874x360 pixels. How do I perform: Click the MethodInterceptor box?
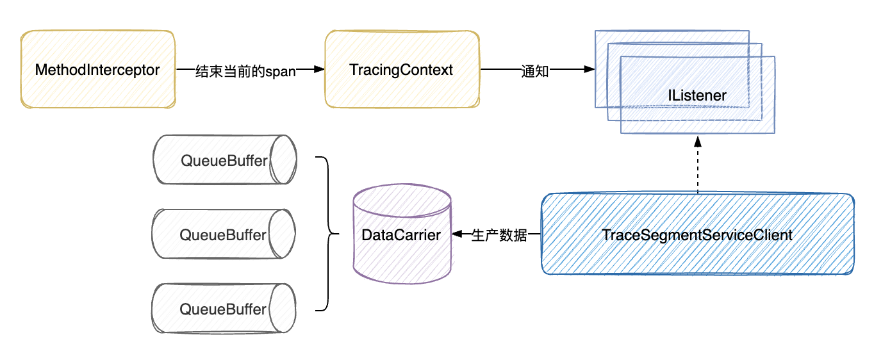97,69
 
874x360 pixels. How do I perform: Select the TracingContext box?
402,69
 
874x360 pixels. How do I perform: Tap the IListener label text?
697,95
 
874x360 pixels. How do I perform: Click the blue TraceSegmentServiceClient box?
697,234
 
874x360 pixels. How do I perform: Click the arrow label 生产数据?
500,235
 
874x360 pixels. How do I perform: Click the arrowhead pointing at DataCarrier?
458,234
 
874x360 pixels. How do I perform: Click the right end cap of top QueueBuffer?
283,160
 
